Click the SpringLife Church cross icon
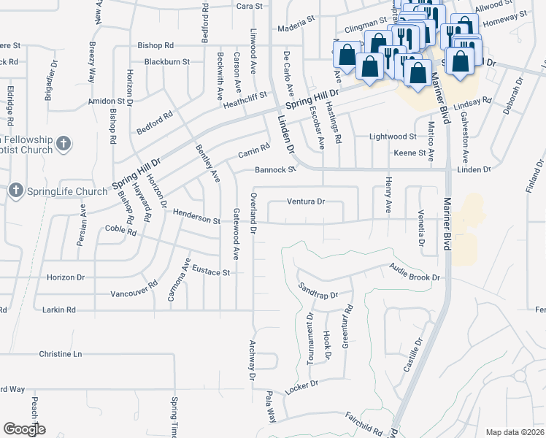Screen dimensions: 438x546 point(15,191)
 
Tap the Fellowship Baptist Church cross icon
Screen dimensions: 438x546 point(64,144)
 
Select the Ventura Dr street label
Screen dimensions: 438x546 point(305,201)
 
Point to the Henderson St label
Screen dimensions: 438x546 point(196,217)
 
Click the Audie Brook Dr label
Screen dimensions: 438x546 point(415,272)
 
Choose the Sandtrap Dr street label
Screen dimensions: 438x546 point(318,291)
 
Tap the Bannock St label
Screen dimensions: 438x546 point(274,170)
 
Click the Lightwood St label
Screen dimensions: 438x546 point(393,137)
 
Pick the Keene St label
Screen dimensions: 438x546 point(409,153)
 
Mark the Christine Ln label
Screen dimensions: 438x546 point(61,354)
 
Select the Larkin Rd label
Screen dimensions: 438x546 point(59,310)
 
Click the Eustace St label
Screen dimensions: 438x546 point(211,272)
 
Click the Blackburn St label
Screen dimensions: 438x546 point(166,62)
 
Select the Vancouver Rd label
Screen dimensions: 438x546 point(134,289)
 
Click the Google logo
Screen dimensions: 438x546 point(24,429)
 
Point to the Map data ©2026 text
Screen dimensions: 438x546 point(514,432)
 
